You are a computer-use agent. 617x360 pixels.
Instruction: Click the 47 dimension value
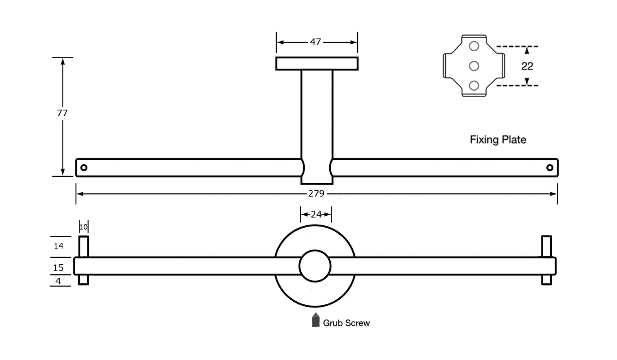pyautogui.click(x=315, y=42)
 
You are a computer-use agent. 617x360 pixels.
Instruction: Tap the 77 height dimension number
pyautogui.click(x=62, y=113)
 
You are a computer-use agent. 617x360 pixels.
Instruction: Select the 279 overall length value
pyautogui.click(x=316, y=193)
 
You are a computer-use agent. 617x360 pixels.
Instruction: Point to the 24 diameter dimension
pyautogui.click(x=316, y=214)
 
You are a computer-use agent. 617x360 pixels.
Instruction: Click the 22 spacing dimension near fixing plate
pyautogui.click(x=527, y=66)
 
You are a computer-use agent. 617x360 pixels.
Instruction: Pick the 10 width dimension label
pyautogui.click(x=83, y=227)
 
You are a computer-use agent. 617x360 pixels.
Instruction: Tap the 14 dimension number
pyautogui.click(x=59, y=246)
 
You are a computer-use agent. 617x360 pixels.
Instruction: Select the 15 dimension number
pyautogui.click(x=58, y=267)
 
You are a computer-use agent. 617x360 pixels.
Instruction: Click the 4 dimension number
pyautogui.click(x=58, y=281)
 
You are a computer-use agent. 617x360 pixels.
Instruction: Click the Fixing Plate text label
pyautogui.click(x=498, y=139)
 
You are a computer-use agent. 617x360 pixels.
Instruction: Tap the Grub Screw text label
pyautogui.click(x=346, y=323)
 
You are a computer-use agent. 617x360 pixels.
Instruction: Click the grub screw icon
pyautogui.click(x=316, y=320)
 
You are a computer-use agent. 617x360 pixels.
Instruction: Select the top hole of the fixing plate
pyautogui.click(x=474, y=46)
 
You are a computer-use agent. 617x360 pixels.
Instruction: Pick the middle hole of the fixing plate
pyautogui.click(x=474, y=66)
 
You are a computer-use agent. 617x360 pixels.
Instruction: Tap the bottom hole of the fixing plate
pyautogui.click(x=474, y=85)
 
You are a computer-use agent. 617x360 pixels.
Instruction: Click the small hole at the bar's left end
pyautogui.click(x=84, y=167)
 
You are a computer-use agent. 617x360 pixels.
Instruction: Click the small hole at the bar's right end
pyautogui.click(x=550, y=167)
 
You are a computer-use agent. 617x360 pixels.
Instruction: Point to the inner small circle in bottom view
pyautogui.click(x=315, y=266)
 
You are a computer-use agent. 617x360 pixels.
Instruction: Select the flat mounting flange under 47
pyautogui.click(x=317, y=64)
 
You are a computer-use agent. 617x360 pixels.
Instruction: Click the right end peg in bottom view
pyautogui.click(x=546, y=260)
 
